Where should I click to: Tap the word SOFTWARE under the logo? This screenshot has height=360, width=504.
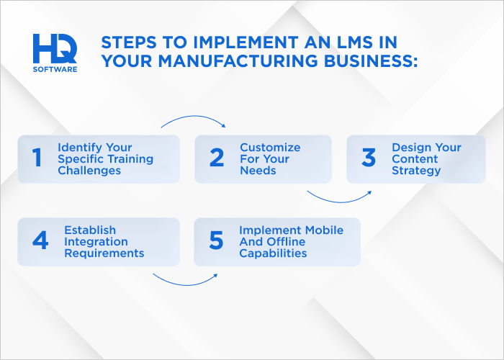pyautogui.click(x=55, y=69)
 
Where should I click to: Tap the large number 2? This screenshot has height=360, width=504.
pyautogui.click(x=217, y=158)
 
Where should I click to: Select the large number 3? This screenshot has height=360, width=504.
pyautogui.click(x=369, y=158)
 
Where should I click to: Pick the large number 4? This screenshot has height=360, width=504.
pyautogui.click(x=40, y=241)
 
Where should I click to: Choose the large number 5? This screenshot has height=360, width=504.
pyautogui.click(x=217, y=241)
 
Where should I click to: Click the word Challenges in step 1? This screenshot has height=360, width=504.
pyautogui.click(x=91, y=171)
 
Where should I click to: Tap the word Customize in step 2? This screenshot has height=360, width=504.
pyautogui.click(x=270, y=147)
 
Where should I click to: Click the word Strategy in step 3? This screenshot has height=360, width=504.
pyautogui.click(x=416, y=171)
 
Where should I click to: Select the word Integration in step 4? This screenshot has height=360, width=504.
pyautogui.click(x=96, y=242)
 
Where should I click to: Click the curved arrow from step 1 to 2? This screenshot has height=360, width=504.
pyautogui.click(x=193, y=119)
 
